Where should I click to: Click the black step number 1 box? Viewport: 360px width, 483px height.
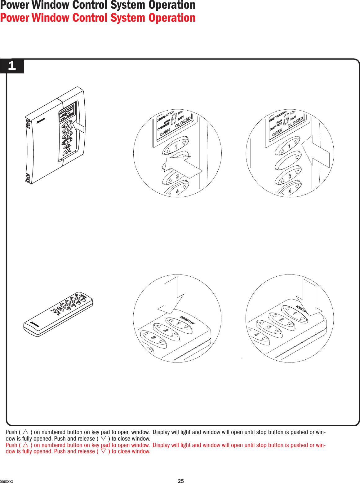[x=12, y=66]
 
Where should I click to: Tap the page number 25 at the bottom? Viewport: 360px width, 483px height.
[x=181, y=481]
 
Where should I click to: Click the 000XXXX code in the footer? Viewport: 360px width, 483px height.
[x=7, y=481]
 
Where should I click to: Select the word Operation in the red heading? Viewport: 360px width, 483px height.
[x=172, y=18]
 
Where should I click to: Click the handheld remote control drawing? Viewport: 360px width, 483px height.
[x=58, y=314]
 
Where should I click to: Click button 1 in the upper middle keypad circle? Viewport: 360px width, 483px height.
[x=176, y=146]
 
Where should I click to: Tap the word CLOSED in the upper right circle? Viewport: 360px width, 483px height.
[x=295, y=122]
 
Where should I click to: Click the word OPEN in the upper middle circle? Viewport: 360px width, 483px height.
[x=165, y=132]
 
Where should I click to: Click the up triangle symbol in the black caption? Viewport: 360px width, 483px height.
[x=26, y=432]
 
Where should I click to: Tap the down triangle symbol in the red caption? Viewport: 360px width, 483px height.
[x=104, y=451]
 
